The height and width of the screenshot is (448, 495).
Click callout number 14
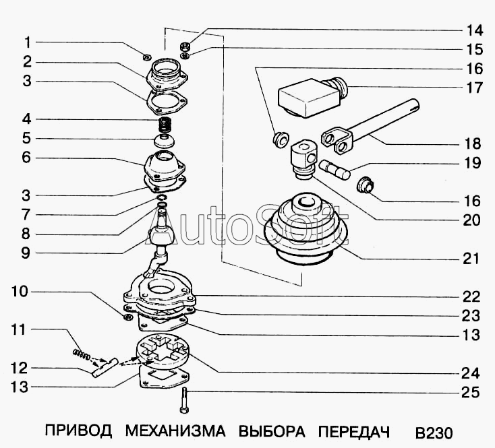475,30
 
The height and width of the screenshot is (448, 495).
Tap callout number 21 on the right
471,259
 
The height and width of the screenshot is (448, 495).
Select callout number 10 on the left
20,292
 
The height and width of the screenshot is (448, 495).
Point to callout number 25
470,393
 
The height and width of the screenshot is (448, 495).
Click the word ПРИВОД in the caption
78,430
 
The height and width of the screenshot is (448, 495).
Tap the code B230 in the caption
434,433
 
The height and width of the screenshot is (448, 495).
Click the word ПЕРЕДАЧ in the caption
353,431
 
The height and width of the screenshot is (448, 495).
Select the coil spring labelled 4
164,125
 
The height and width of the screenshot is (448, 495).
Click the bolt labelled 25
184,400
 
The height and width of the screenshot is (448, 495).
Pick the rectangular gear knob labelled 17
312,96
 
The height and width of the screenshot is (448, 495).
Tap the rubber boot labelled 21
305,228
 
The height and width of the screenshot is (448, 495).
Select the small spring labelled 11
81,354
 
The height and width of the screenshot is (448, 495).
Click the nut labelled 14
185,46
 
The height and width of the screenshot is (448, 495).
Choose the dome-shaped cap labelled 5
164,141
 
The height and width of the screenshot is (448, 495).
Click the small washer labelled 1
147,57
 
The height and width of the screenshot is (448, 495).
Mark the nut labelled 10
128,317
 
